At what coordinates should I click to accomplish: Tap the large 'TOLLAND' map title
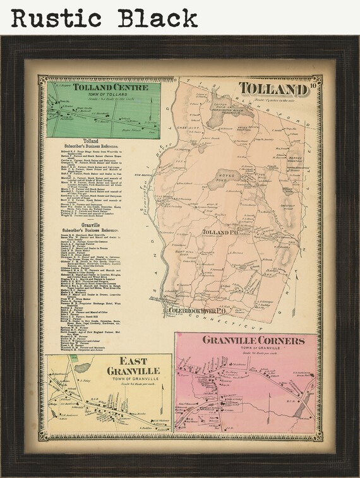pos(273,89)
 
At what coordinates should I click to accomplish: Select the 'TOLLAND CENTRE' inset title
pos(104,88)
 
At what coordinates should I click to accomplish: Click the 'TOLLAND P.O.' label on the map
pos(219,233)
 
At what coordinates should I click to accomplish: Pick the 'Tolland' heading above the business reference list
pos(91,140)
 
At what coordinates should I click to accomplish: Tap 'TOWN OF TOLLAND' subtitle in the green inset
pos(104,95)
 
